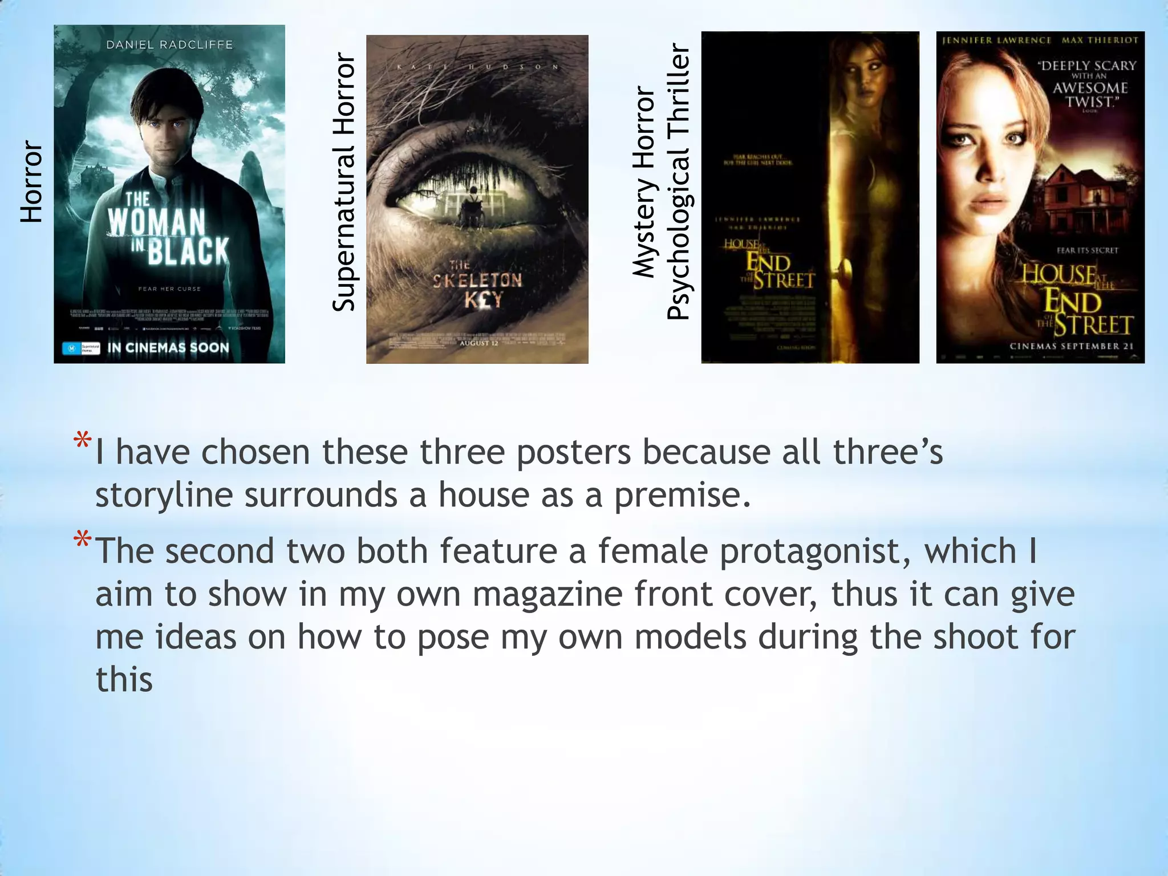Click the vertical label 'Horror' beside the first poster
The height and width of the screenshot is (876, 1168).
point(31,182)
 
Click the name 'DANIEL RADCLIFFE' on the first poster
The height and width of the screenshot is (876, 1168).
point(169,44)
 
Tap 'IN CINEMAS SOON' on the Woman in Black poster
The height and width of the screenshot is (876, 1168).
point(168,347)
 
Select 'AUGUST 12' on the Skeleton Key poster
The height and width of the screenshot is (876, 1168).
point(479,343)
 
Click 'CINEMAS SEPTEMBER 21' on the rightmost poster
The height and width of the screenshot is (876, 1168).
point(1072,346)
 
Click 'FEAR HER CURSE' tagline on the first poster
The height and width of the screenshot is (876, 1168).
point(169,289)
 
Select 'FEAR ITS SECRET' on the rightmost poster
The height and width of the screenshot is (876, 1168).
point(1088,250)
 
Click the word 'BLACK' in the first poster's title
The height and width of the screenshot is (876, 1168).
point(188,252)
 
